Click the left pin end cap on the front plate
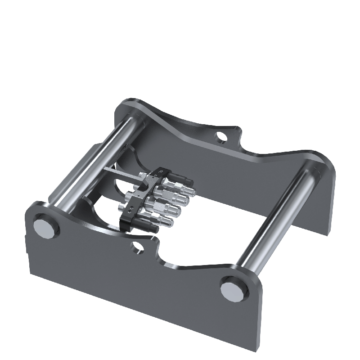pos(46,227)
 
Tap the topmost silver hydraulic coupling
pos(182,182)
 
